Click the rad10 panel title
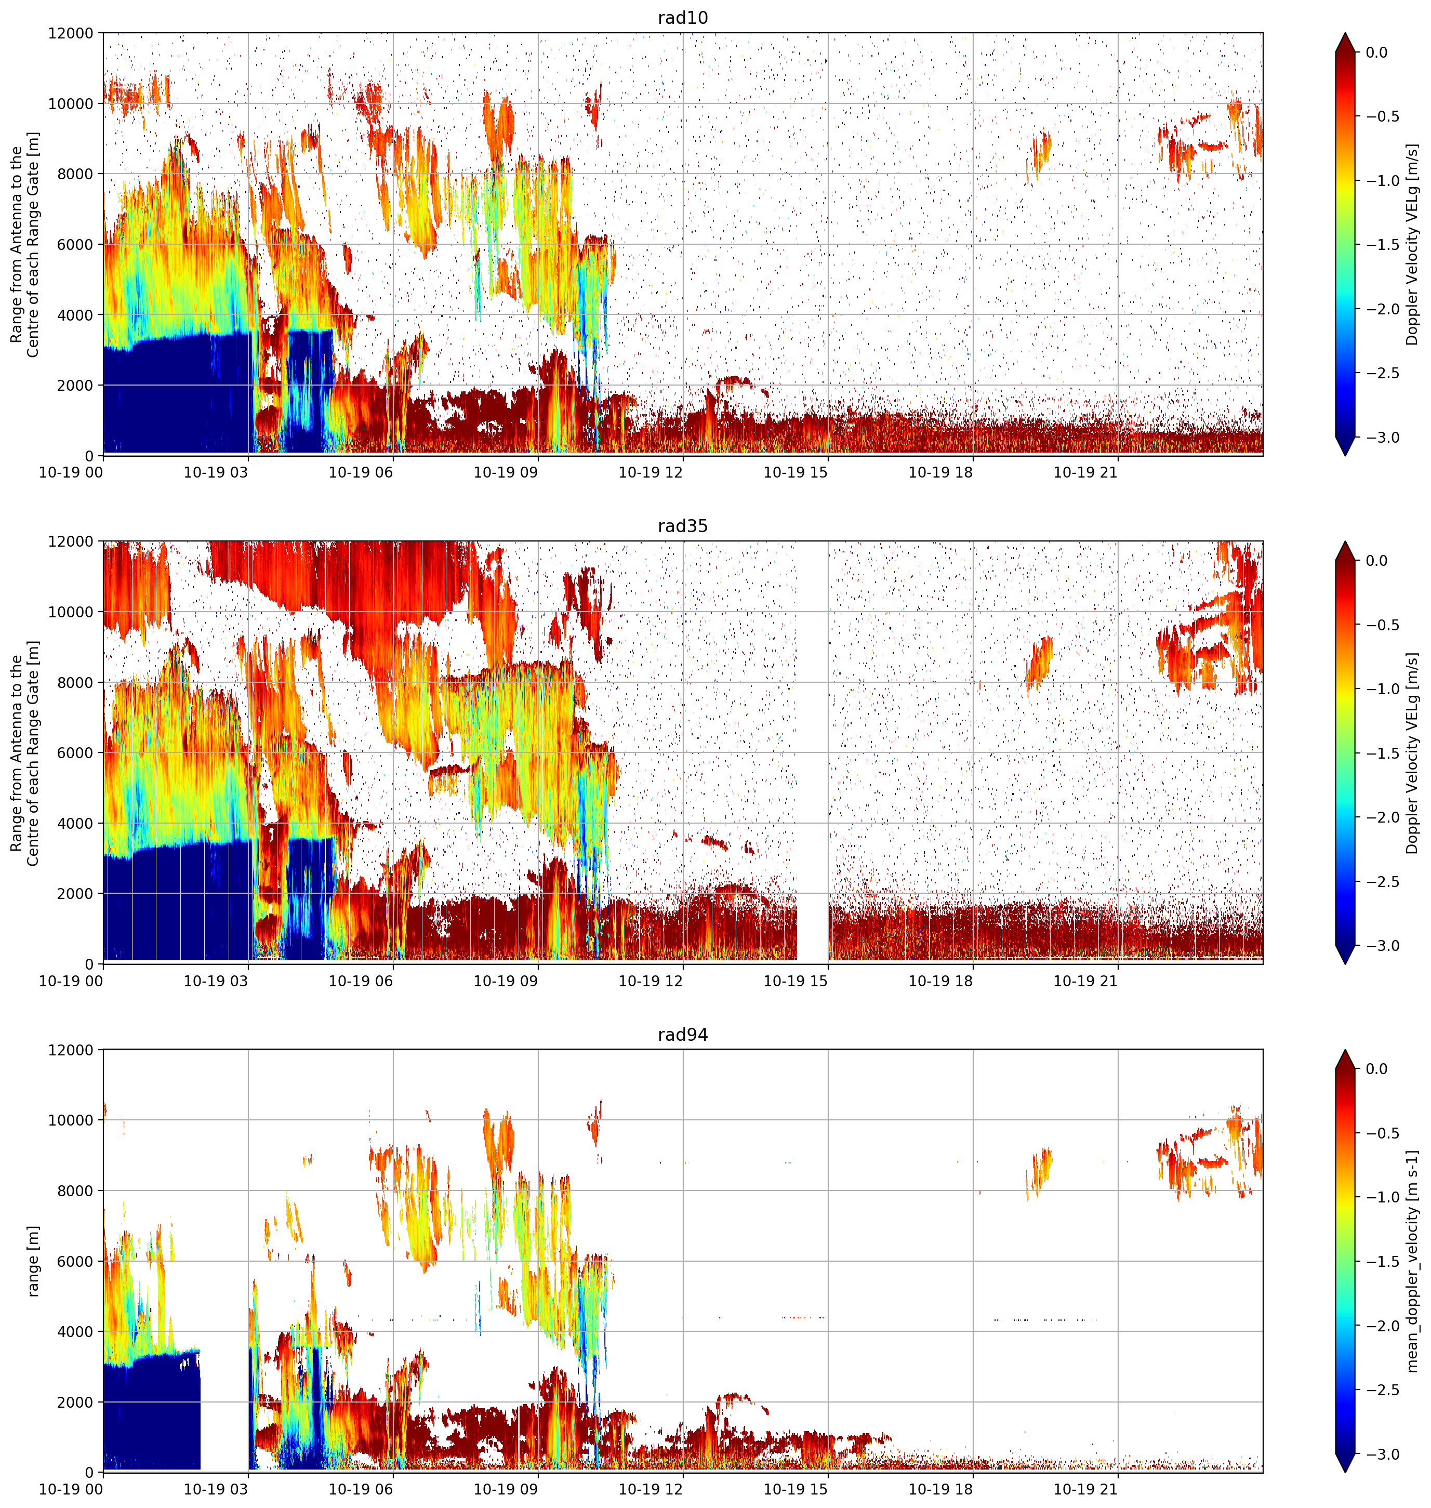[x=683, y=18]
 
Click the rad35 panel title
[x=683, y=526]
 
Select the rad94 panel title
[x=683, y=1035]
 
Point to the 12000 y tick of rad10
[x=71, y=34]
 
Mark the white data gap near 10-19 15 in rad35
[x=812, y=752]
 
